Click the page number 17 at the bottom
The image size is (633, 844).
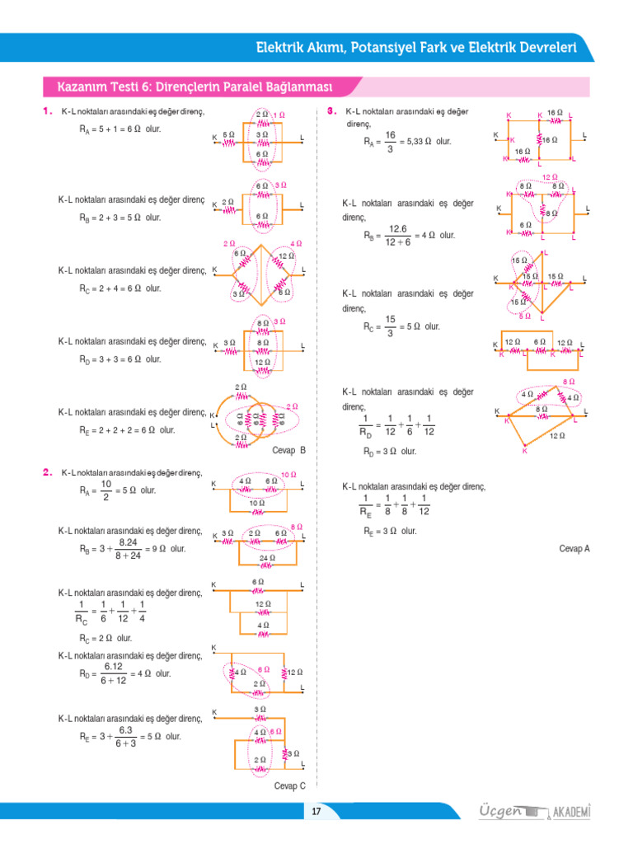[x=316, y=813]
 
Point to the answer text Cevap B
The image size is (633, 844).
[x=288, y=451]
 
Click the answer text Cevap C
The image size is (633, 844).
[x=289, y=785]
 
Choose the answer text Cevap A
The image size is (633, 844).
[x=574, y=548]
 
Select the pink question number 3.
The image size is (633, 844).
[x=331, y=110]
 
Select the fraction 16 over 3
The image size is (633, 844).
[x=390, y=142]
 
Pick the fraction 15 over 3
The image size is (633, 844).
[x=390, y=326]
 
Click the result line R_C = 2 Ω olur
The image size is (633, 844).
[x=105, y=638]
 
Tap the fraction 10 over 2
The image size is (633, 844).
[x=106, y=490]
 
